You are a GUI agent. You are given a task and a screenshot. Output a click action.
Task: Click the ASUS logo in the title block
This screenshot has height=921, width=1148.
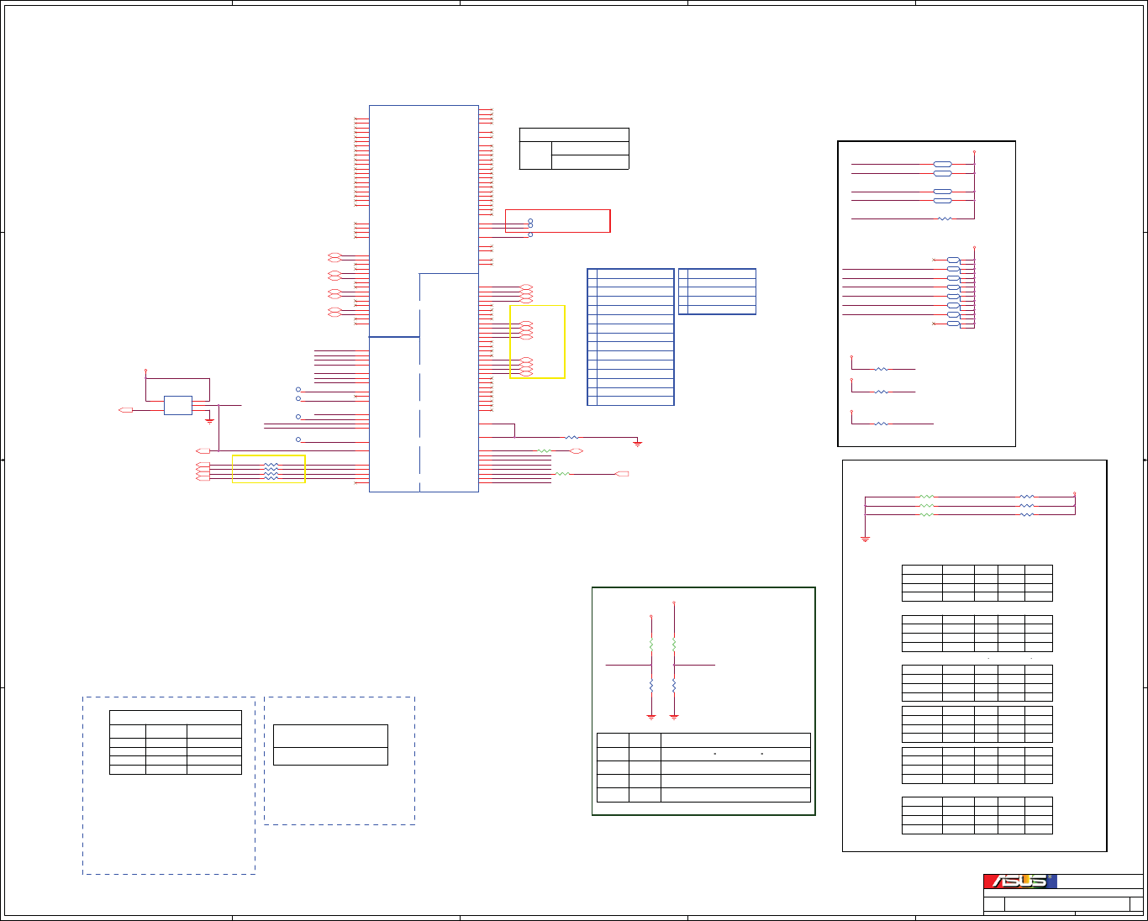(1020, 882)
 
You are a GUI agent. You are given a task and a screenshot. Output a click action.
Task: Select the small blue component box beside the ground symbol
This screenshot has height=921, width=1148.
(177, 405)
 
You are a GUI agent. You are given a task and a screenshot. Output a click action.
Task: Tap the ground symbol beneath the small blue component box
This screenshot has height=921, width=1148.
(209, 420)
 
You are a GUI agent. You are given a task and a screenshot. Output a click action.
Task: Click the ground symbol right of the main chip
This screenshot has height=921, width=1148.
(638, 442)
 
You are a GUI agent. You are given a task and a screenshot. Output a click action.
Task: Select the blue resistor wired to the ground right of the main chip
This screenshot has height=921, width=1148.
(571, 437)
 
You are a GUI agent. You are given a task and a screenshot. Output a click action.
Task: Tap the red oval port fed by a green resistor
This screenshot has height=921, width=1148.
(577, 451)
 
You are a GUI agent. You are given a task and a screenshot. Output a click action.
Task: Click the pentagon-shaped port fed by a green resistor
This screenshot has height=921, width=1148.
(622, 474)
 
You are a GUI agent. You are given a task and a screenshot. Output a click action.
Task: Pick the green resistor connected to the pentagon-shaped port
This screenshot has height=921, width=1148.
(562, 474)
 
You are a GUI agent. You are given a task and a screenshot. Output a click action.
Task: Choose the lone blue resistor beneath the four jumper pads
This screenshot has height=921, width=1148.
(945, 218)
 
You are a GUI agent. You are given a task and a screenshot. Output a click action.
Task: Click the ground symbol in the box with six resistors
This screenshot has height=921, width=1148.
(865, 538)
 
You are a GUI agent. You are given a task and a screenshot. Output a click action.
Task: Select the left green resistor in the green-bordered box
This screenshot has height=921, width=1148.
(651, 643)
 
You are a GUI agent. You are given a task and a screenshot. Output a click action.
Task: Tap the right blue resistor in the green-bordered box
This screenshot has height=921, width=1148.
(674, 686)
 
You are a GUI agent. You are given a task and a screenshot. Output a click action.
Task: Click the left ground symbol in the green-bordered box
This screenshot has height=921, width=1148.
(651, 717)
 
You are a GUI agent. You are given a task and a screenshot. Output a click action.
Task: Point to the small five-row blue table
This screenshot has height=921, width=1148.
(717, 292)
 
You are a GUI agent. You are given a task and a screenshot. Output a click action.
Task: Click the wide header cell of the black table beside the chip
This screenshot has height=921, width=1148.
(574, 134)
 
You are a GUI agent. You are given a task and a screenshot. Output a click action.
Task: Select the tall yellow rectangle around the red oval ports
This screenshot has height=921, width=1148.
(537, 342)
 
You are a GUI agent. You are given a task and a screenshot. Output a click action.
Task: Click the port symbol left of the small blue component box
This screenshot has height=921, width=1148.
(126, 410)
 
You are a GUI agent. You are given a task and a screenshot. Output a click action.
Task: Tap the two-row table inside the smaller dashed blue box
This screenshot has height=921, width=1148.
(330, 745)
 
